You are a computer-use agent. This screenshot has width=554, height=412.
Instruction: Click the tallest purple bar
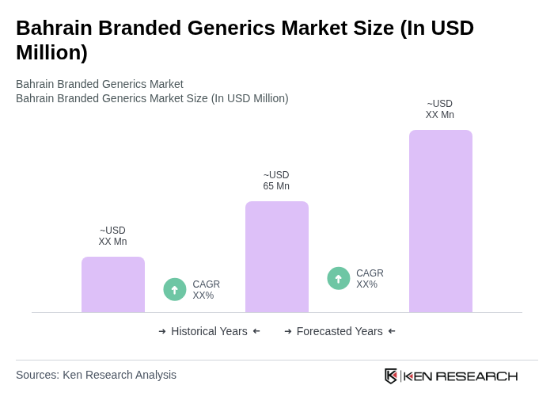click(x=440, y=221)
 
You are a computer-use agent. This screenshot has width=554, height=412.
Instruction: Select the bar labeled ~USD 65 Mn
click(x=276, y=257)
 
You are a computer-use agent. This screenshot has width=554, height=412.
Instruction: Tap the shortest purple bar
click(x=112, y=284)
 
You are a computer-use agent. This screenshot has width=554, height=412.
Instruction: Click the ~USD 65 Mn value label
click(x=276, y=181)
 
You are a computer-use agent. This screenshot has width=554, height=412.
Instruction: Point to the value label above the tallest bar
click(x=440, y=109)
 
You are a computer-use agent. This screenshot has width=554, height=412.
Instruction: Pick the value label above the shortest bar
click(x=112, y=236)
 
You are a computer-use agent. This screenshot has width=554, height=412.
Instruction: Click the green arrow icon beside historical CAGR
click(x=175, y=289)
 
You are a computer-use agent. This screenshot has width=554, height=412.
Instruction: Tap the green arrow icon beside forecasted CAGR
click(x=339, y=278)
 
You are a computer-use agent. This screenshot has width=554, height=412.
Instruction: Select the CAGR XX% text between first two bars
click(x=206, y=290)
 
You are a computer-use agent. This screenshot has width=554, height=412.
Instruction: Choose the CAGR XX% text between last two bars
click(x=370, y=279)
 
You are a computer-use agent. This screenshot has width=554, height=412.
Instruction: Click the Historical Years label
click(x=209, y=331)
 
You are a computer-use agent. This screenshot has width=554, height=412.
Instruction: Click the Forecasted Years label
click(x=340, y=331)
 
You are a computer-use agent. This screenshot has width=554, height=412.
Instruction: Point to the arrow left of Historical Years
click(x=162, y=331)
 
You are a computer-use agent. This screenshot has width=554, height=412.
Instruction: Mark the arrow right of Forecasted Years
click(x=392, y=331)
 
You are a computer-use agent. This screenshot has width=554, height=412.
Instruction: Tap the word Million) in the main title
click(x=51, y=52)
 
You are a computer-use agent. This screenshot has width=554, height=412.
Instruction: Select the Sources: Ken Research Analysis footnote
click(x=96, y=375)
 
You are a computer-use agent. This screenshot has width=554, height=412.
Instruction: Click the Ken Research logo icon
click(x=391, y=376)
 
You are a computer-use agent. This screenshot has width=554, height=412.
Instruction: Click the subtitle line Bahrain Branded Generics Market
click(x=100, y=84)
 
